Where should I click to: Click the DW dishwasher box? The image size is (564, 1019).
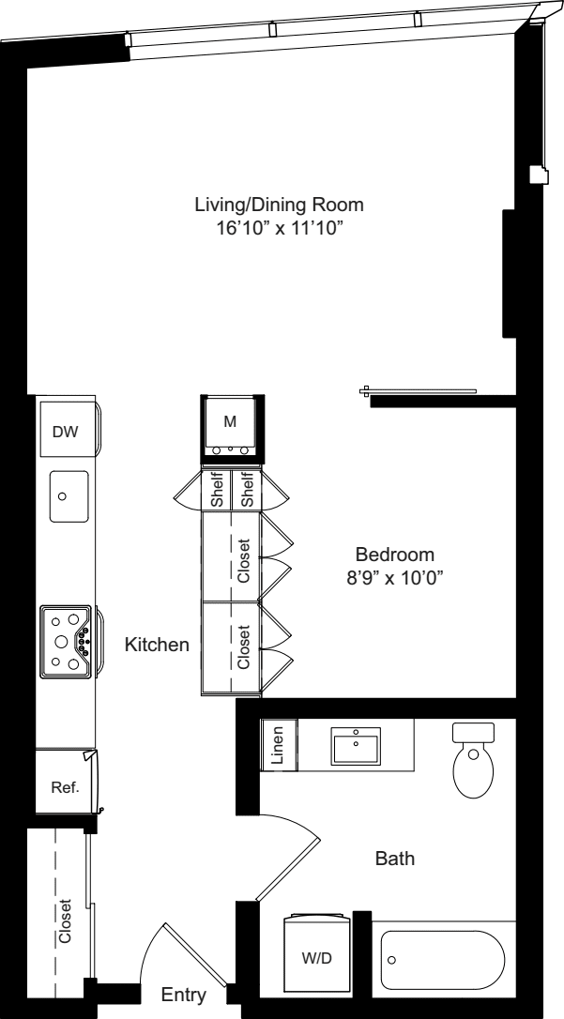[65, 432]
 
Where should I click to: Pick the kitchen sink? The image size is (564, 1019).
[69, 494]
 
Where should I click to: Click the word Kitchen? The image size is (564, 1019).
[157, 646]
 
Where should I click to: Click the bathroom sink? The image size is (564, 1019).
[356, 747]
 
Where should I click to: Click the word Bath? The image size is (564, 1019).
[395, 858]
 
